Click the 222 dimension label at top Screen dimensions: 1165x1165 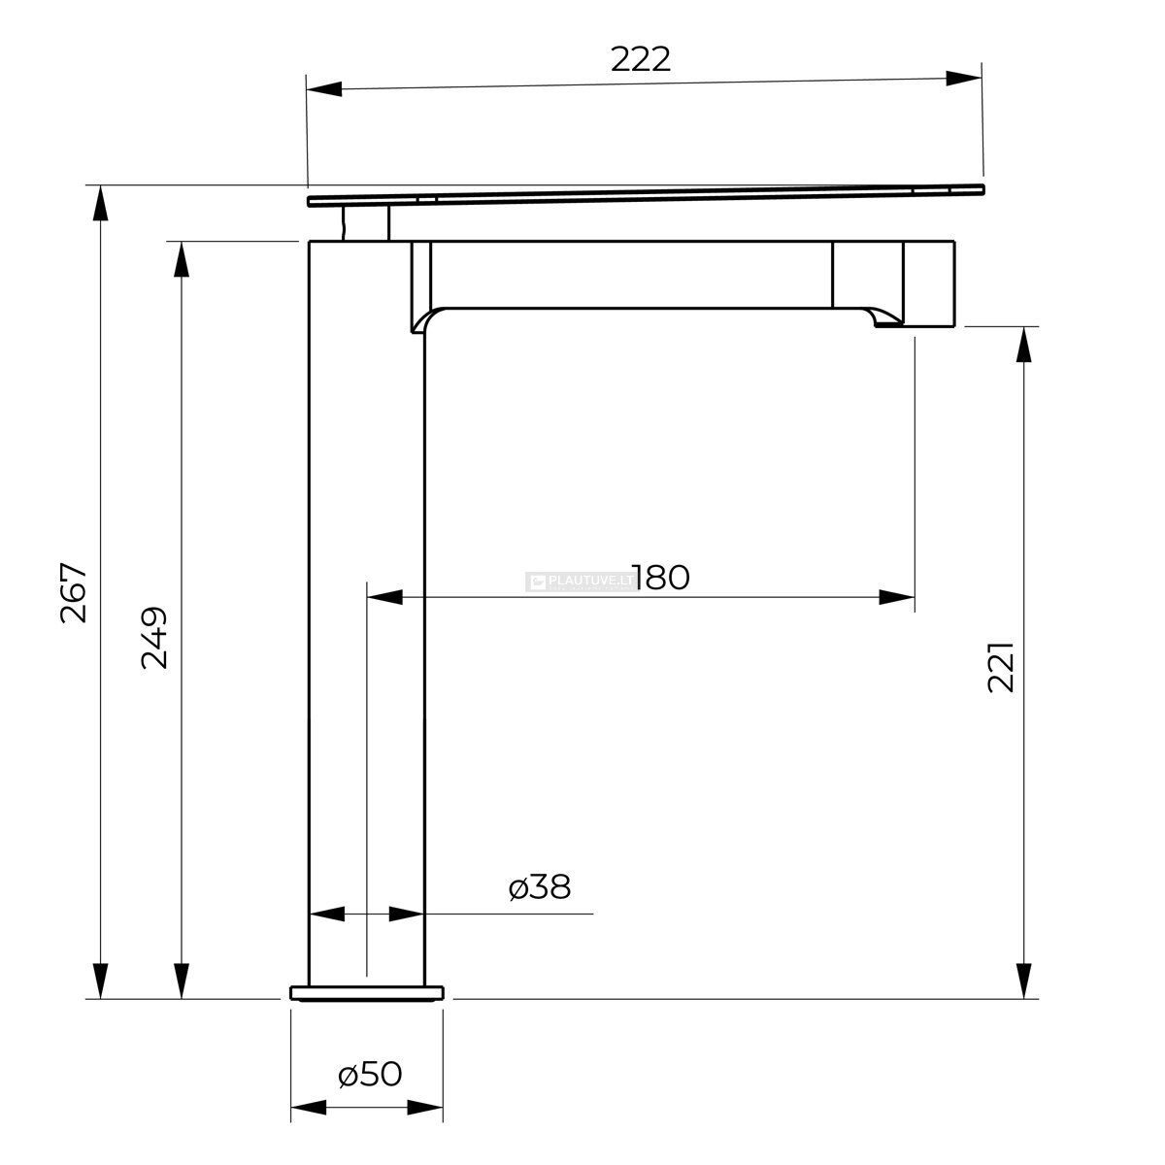[640, 58]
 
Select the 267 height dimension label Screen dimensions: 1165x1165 [75, 592]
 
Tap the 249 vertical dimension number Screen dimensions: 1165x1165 [154, 637]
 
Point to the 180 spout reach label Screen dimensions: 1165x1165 [661, 577]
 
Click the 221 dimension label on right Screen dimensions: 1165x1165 [1001, 666]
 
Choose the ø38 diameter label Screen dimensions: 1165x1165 [540, 887]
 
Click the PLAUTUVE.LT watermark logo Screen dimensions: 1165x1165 [580, 582]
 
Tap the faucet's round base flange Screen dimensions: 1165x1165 [366, 993]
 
